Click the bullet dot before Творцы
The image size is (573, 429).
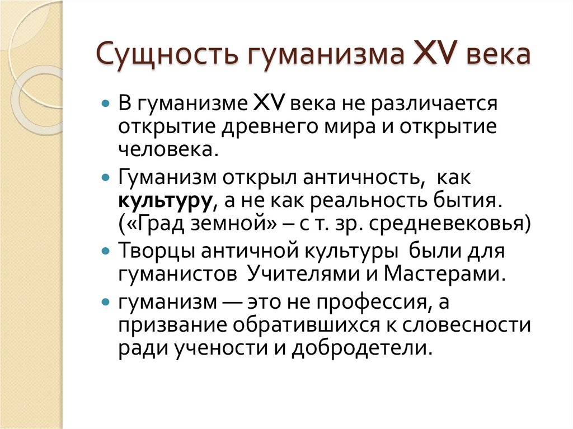click(105, 252)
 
